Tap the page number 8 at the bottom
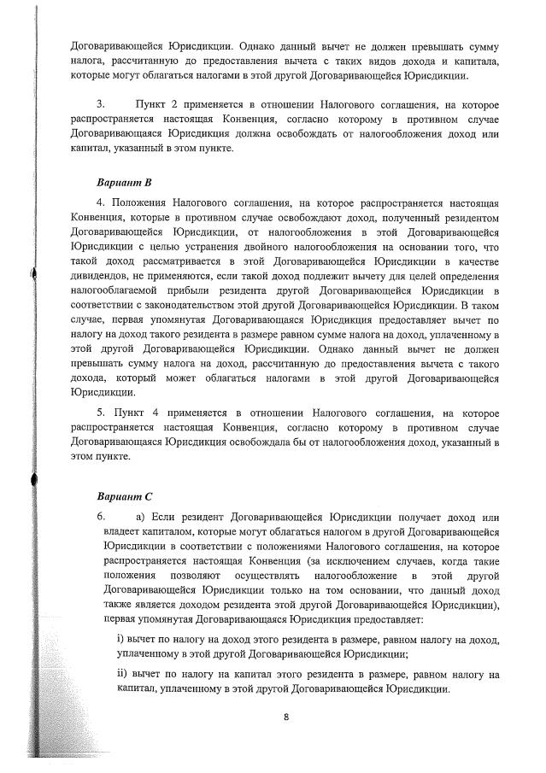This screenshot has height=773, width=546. point(285,717)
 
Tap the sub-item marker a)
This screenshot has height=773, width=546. point(141,518)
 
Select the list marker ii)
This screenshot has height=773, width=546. point(122,675)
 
